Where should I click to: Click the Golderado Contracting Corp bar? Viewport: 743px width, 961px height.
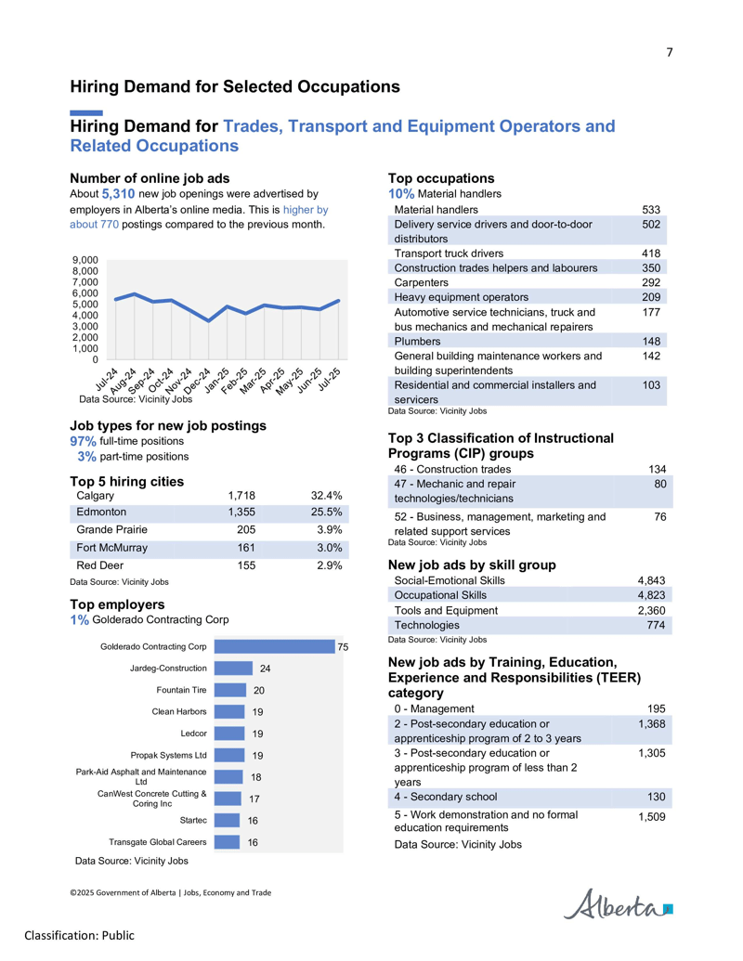pyautogui.click(x=275, y=646)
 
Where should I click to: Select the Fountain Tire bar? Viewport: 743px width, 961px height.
pyautogui.click(x=230, y=690)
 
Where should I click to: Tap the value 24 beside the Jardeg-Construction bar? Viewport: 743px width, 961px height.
pyautogui.click(x=265, y=669)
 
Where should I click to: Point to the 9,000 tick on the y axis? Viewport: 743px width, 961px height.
pyautogui.click(x=85, y=260)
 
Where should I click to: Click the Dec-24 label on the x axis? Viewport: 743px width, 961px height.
pyautogui.click(x=199, y=380)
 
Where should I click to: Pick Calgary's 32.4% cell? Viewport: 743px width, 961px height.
pyautogui.click(x=326, y=495)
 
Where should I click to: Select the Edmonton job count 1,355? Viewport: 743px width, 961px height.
pyautogui.click(x=241, y=512)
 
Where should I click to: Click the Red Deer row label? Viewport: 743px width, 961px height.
pyautogui.click(x=100, y=565)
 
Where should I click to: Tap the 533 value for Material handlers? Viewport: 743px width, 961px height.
pyautogui.click(x=651, y=210)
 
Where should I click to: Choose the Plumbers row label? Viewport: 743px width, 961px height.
pyautogui.click(x=417, y=342)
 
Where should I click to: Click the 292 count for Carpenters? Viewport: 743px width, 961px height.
pyautogui.click(x=651, y=282)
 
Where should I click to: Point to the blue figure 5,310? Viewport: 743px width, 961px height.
pyautogui.click(x=118, y=194)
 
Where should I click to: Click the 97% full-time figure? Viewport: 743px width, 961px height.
pyautogui.click(x=83, y=441)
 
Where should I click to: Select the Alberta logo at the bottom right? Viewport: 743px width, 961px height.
pyautogui.click(x=618, y=904)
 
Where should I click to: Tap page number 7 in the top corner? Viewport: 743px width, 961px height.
pyautogui.click(x=670, y=52)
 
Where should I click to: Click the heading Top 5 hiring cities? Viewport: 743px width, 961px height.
pyautogui.click(x=127, y=481)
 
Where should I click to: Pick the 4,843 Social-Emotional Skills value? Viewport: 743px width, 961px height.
pyautogui.click(x=651, y=580)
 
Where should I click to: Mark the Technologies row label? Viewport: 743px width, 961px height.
pyautogui.click(x=426, y=625)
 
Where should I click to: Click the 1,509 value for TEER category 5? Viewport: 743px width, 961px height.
pyautogui.click(x=652, y=816)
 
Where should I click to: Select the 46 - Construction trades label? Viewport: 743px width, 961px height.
pyautogui.click(x=452, y=470)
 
